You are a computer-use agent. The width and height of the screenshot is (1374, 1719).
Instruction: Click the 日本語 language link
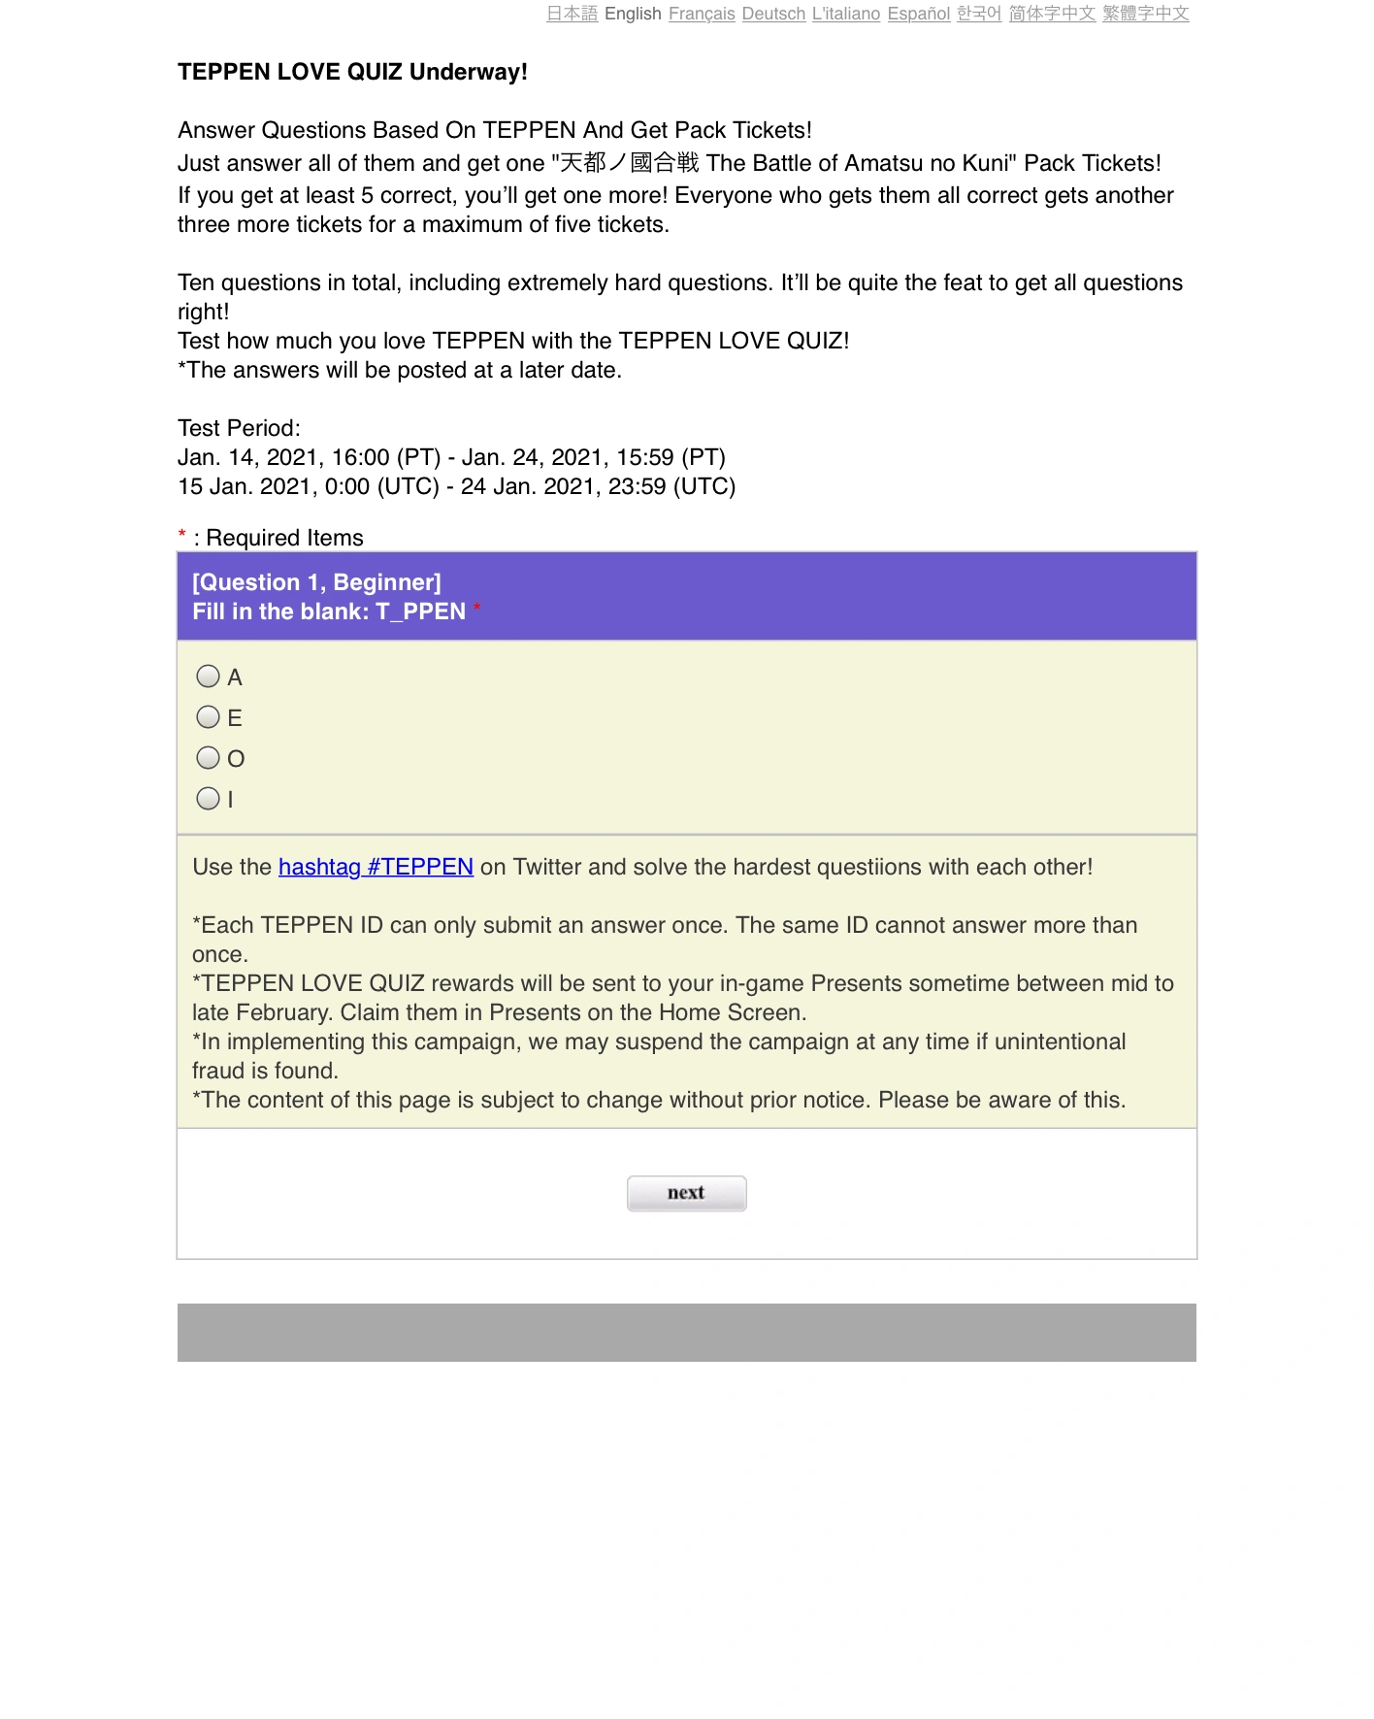coord(572,14)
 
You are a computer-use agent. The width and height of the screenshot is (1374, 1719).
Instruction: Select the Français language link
coord(702,14)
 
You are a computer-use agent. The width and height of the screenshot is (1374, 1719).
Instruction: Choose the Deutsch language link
coord(773,14)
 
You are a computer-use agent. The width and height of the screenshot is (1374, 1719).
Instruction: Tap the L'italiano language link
coord(846,14)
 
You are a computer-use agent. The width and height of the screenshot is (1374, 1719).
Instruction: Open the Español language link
coord(918,14)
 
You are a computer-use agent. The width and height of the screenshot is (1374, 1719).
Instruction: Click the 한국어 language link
coord(979,14)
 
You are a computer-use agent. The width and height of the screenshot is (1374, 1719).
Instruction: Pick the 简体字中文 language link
coord(1052,14)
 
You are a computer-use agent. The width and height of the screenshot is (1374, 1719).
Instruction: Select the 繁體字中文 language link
coord(1145,14)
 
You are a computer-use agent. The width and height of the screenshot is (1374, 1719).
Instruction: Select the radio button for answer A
coord(208,676)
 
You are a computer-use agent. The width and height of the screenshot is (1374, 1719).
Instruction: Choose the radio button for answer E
coord(208,716)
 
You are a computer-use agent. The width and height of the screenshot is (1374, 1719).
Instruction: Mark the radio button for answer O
coord(208,757)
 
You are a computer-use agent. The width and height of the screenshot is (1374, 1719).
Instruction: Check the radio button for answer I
coord(208,798)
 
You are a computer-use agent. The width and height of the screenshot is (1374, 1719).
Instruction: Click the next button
coord(686,1193)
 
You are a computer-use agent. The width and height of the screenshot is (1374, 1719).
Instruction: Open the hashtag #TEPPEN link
coord(376,867)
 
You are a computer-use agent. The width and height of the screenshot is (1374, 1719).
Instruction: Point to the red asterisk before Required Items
coord(181,535)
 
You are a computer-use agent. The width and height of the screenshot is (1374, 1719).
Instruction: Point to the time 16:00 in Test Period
coord(360,457)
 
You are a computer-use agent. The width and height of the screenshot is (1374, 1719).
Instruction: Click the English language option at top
coord(633,14)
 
